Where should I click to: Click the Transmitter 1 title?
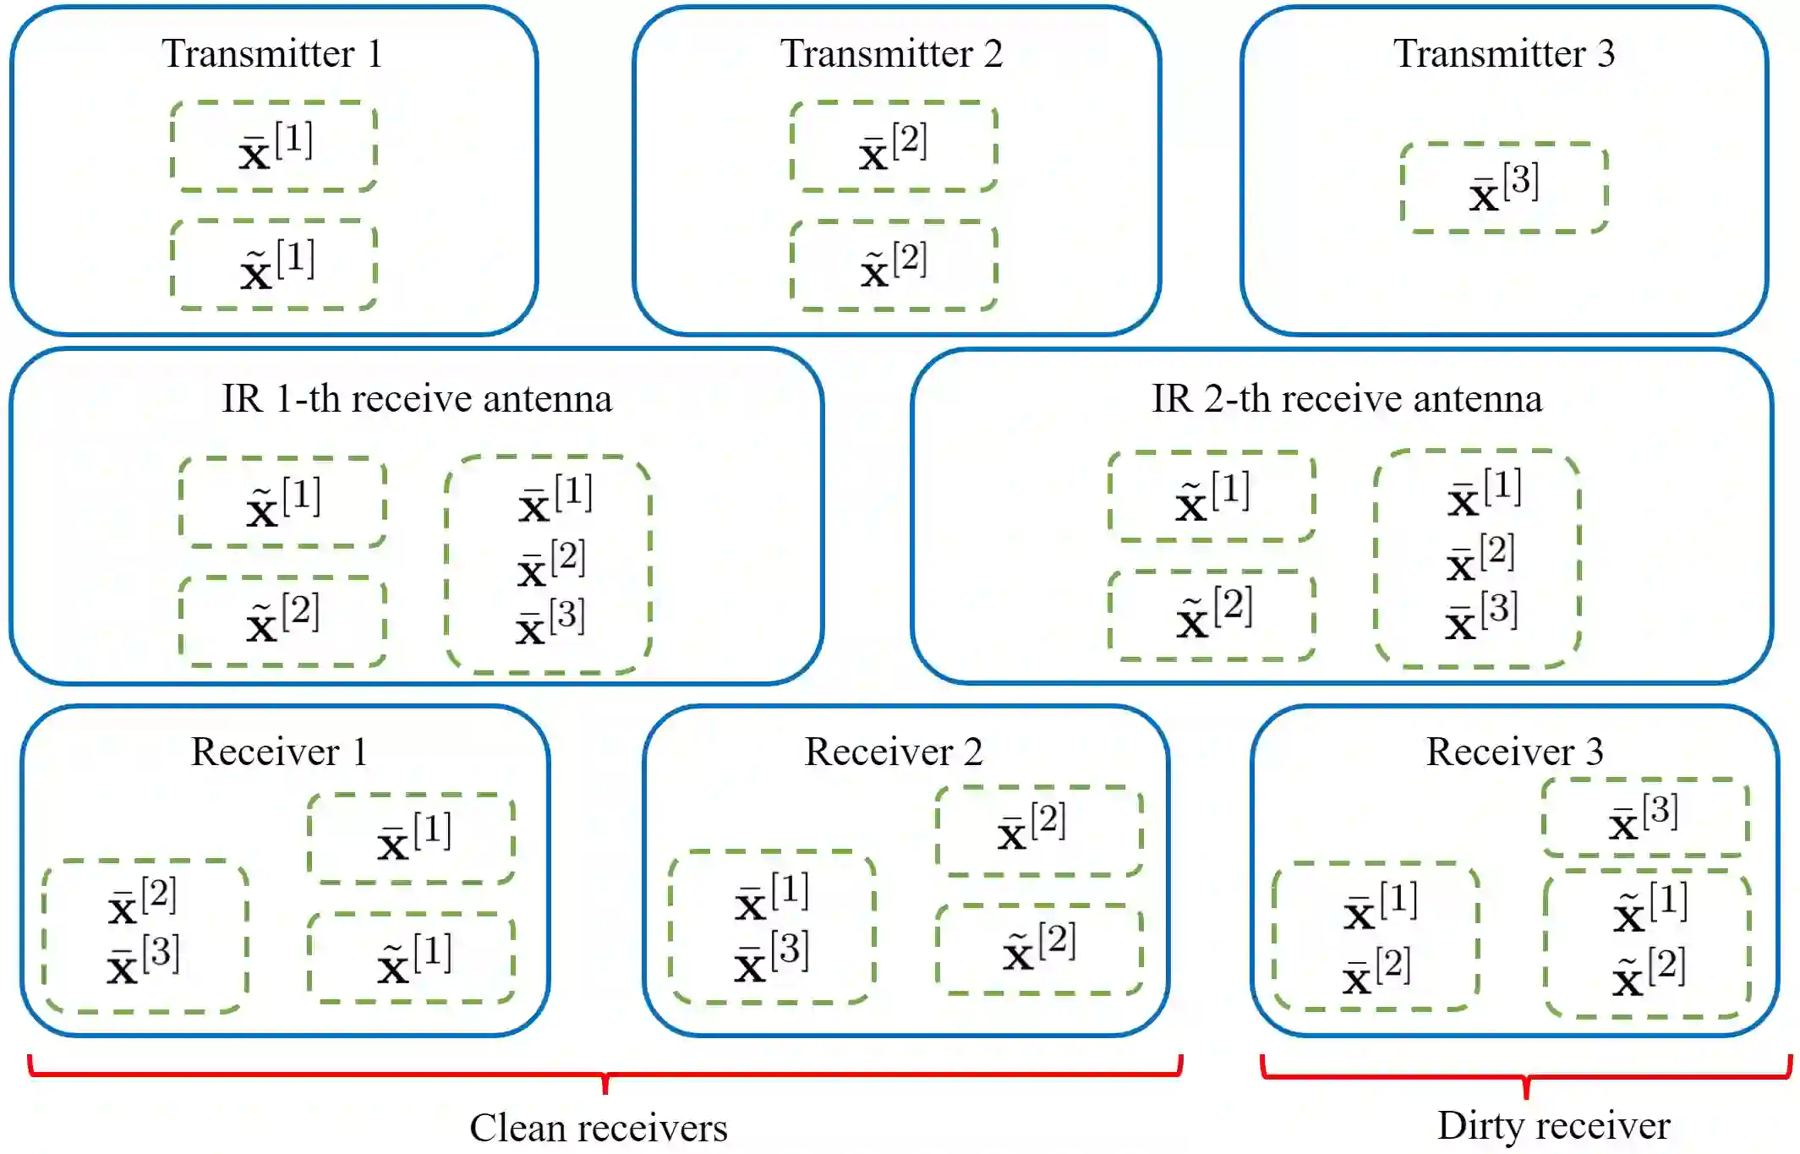tap(272, 54)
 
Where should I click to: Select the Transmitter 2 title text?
tap(891, 54)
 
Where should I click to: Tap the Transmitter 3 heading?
tap(1504, 54)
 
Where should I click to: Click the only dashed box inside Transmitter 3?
tap(1504, 188)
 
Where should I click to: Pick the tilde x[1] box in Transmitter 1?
tap(274, 265)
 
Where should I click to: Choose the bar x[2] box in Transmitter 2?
tap(894, 146)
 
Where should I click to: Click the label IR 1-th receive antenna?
tap(417, 398)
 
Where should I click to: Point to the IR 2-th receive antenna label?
tap(1347, 398)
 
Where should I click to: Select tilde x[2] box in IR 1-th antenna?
tap(282, 621)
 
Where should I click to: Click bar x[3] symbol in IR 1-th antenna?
tap(550, 622)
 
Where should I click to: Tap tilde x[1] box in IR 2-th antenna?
tap(1212, 496)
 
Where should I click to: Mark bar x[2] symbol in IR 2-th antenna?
tap(1480, 559)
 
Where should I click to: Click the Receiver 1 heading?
tap(279, 752)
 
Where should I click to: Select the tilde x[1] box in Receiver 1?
tap(412, 958)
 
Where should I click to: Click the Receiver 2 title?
tap(894, 752)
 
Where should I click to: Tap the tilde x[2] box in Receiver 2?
tap(1039, 949)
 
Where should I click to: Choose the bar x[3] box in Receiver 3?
tap(1644, 818)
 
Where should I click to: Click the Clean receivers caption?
tap(599, 1128)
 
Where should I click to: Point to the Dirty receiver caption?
tap(1554, 1126)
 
